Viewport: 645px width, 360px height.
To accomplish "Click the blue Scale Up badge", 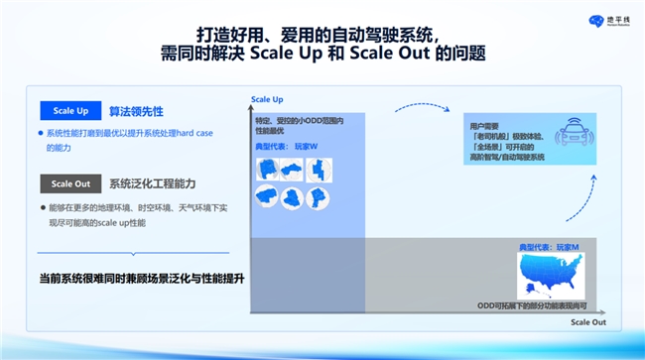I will click(69, 112).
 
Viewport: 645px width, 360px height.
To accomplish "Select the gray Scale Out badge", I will click(69, 183).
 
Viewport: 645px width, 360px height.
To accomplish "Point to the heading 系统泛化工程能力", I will click(152, 183).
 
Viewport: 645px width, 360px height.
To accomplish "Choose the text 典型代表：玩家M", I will click(549, 244).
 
